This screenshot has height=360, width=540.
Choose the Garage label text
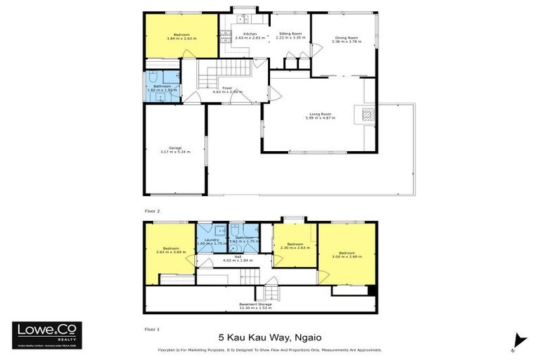[174, 150]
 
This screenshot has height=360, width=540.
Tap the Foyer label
[232, 89]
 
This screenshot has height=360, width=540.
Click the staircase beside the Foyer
[224, 70]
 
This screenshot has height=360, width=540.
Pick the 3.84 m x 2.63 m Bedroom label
[181, 36]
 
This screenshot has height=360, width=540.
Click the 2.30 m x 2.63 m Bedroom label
[294, 246]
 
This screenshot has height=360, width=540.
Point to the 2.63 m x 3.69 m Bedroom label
[170, 250]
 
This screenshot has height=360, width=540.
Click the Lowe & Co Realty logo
[47, 335]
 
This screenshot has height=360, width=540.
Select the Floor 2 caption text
[153, 211]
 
